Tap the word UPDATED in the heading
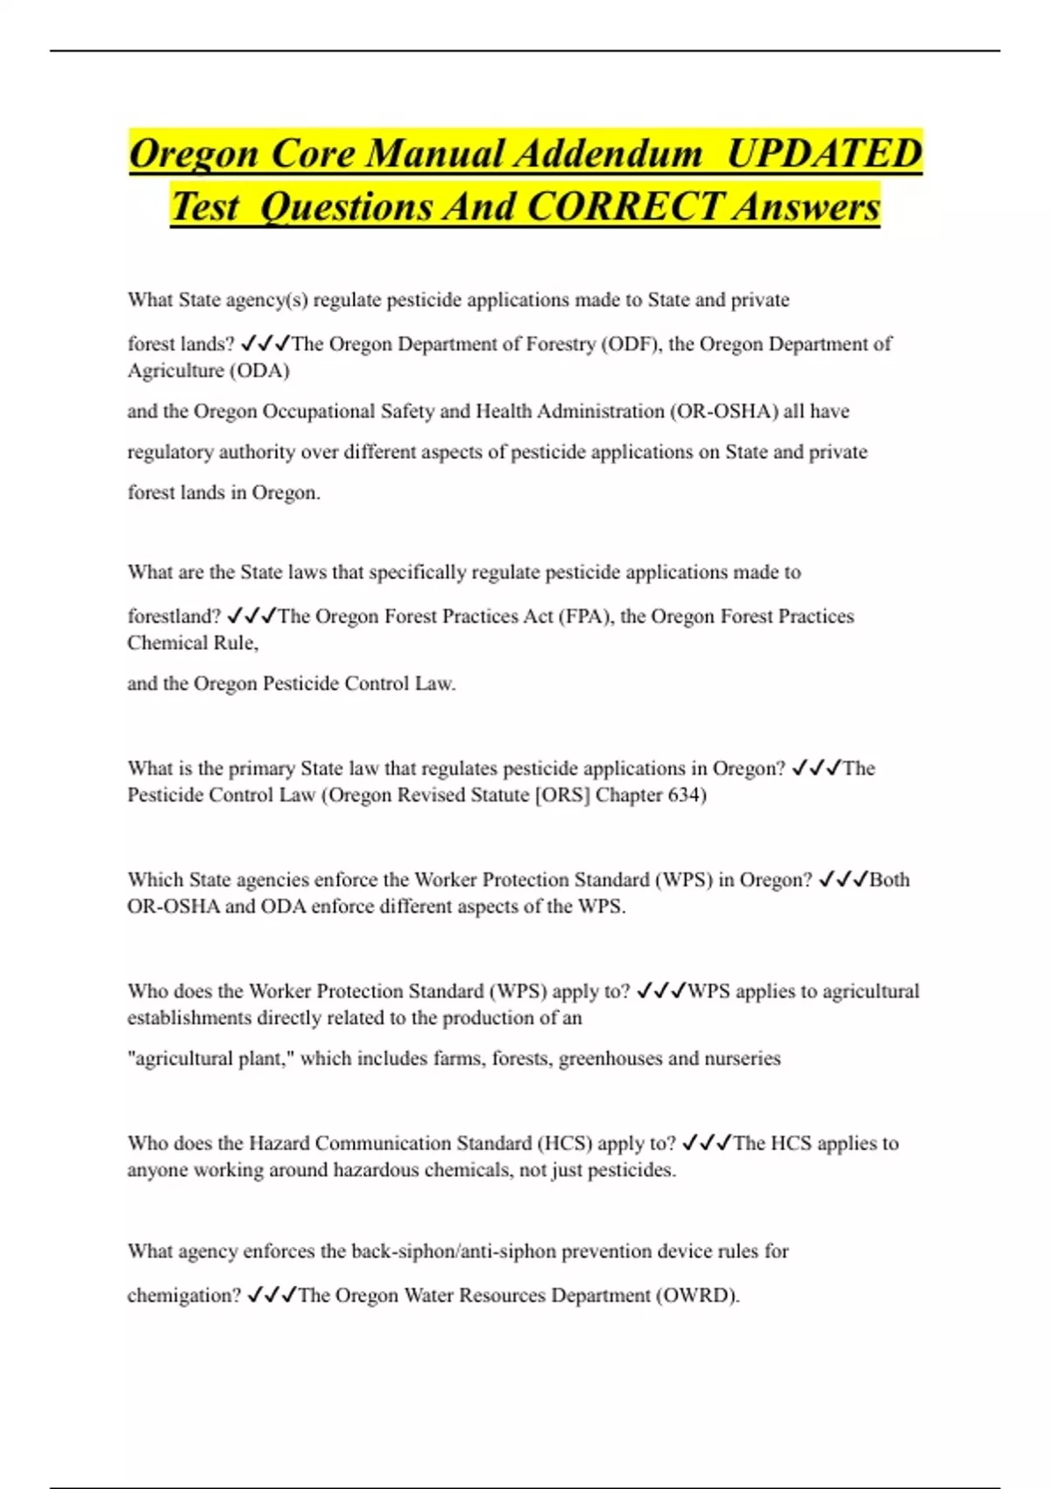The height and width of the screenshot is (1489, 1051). coord(824,154)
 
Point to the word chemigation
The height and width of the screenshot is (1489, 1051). coord(183,1295)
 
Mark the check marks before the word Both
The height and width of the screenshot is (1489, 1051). coord(843,880)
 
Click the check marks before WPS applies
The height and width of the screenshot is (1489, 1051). coord(661,991)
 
